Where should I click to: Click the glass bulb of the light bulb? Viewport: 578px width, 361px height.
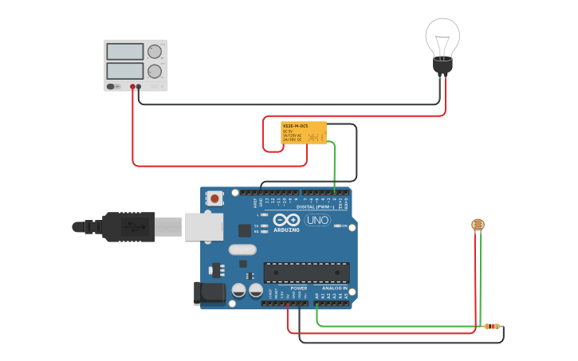(x=442, y=36)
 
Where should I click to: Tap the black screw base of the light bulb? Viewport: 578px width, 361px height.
(x=442, y=67)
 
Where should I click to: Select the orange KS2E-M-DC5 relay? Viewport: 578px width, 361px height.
(x=304, y=132)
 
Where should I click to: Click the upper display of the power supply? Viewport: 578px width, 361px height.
(x=124, y=52)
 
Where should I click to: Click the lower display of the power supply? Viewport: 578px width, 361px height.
(x=124, y=72)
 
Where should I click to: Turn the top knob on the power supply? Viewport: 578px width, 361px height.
(x=155, y=53)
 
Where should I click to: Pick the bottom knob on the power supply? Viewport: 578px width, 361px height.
(x=155, y=72)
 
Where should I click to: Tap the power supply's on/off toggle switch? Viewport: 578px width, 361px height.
(x=114, y=86)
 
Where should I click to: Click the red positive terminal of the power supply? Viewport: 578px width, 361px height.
(x=132, y=86)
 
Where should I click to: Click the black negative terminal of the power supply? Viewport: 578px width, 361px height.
(x=139, y=86)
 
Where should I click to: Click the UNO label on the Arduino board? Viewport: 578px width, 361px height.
(x=317, y=220)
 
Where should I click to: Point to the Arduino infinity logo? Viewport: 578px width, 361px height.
(x=286, y=220)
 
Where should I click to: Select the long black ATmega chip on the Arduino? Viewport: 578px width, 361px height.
(x=307, y=273)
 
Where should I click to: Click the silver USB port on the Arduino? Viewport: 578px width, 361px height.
(x=204, y=226)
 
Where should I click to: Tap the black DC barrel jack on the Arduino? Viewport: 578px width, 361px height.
(x=209, y=292)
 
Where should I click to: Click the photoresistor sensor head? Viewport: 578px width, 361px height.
(x=478, y=226)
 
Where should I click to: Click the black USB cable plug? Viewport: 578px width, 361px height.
(x=128, y=226)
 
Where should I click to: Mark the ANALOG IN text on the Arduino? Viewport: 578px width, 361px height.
(x=334, y=288)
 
